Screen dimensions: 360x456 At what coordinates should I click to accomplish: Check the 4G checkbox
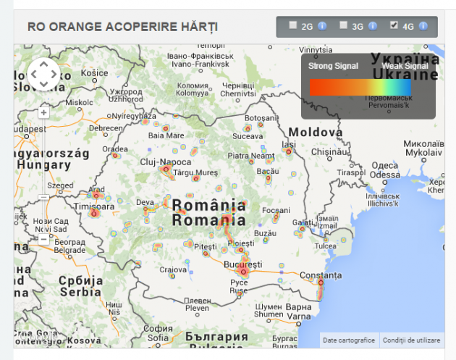pyautogui.click(x=394, y=25)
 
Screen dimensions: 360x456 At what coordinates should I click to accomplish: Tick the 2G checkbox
pyautogui.click(x=292, y=25)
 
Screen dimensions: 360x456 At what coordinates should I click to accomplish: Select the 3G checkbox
pyautogui.click(x=343, y=25)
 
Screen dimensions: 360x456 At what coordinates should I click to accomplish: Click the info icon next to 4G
pyautogui.click(x=423, y=26)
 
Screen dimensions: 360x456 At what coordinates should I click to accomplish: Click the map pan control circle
pyautogui.click(x=44, y=74)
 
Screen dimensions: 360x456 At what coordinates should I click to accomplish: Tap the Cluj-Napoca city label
pyautogui.click(x=166, y=162)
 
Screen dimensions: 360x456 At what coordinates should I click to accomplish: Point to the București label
pyautogui.click(x=243, y=264)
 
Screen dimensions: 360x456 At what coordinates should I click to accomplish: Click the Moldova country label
pyautogui.click(x=315, y=133)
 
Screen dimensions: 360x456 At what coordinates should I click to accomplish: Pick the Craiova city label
pyautogui.click(x=174, y=269)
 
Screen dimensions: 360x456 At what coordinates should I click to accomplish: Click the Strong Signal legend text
pyautogui.click(x=333, y=66)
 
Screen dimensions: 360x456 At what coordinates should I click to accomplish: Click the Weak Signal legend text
pyautogui.click(x=405, y=66)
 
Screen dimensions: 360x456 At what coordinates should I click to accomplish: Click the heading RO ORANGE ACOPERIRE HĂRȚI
pyautogui.click(x=122, y=27)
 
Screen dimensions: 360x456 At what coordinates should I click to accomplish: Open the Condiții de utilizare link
pyautogui.click(x=412, y=340)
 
